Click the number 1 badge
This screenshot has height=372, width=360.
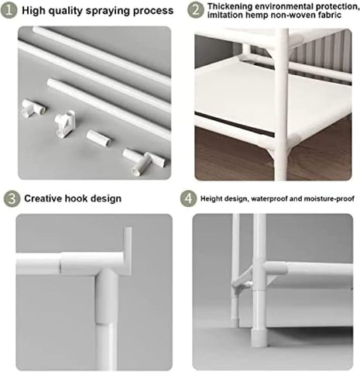9,11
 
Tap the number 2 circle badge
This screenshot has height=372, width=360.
195,11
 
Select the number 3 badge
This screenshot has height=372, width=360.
9,198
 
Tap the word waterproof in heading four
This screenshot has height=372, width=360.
270,198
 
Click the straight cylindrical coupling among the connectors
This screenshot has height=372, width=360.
98,140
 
